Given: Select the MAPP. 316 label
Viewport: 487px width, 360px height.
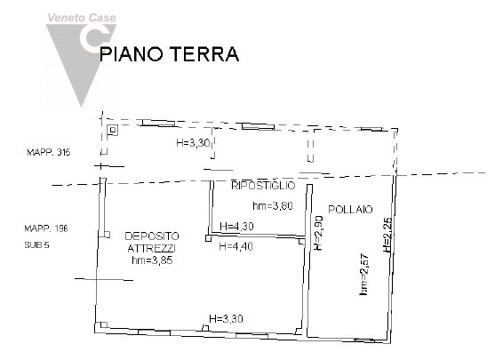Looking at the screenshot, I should [48, 153].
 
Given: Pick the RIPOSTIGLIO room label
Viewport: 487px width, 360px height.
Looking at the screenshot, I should [262, 185].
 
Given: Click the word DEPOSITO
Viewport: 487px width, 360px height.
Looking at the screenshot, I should [152, 236].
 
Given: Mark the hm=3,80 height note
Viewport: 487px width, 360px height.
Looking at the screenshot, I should [273, 206].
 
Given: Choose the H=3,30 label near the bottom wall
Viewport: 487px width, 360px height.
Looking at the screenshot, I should [226, 318].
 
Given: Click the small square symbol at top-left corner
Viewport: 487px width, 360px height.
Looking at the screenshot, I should [112, 131].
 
